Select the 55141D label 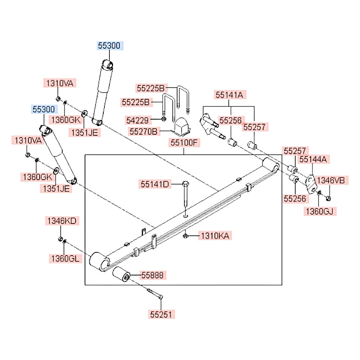coord(155,184)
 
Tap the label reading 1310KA coord(215,236)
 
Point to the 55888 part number coord(152,276)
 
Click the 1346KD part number coord(61,221)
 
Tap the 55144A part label coord(313,159)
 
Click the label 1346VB coord(333,180)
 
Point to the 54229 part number coord(137,119)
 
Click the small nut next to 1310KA coord(185,236)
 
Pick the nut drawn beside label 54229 coord(164,119)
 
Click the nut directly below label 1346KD coord(60,239)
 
